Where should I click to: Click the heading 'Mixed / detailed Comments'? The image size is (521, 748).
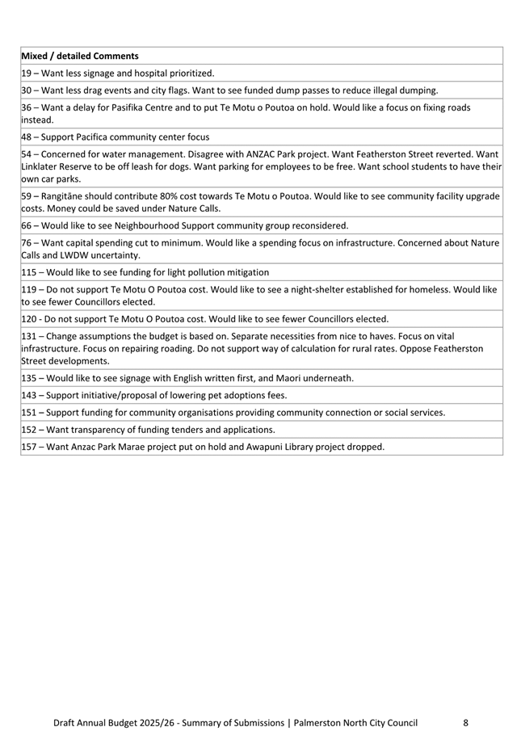click(x=79, y=56)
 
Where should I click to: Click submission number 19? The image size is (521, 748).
click(x=26, y=73)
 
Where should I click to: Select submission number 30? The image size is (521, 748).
click(x=27, y=90)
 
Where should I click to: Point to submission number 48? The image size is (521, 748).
click(x=27, y=137)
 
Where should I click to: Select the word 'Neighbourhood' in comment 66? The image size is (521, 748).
click(x=145, y=225)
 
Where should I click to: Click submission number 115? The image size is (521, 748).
click(x=29, y=272)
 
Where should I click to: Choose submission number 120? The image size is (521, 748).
click(x=29, y=318)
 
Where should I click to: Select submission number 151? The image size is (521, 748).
click(x=29, y=412)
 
